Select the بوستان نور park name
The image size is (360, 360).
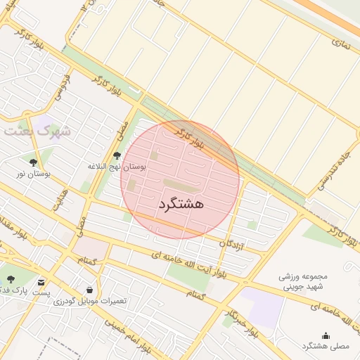31,173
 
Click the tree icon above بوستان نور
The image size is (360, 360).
33,162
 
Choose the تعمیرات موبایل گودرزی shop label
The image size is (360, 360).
90,301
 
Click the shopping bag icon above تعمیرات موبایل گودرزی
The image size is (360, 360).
89,290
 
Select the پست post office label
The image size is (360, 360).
42,292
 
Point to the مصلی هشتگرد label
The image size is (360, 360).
326,347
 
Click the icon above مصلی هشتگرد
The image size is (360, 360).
325,335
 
